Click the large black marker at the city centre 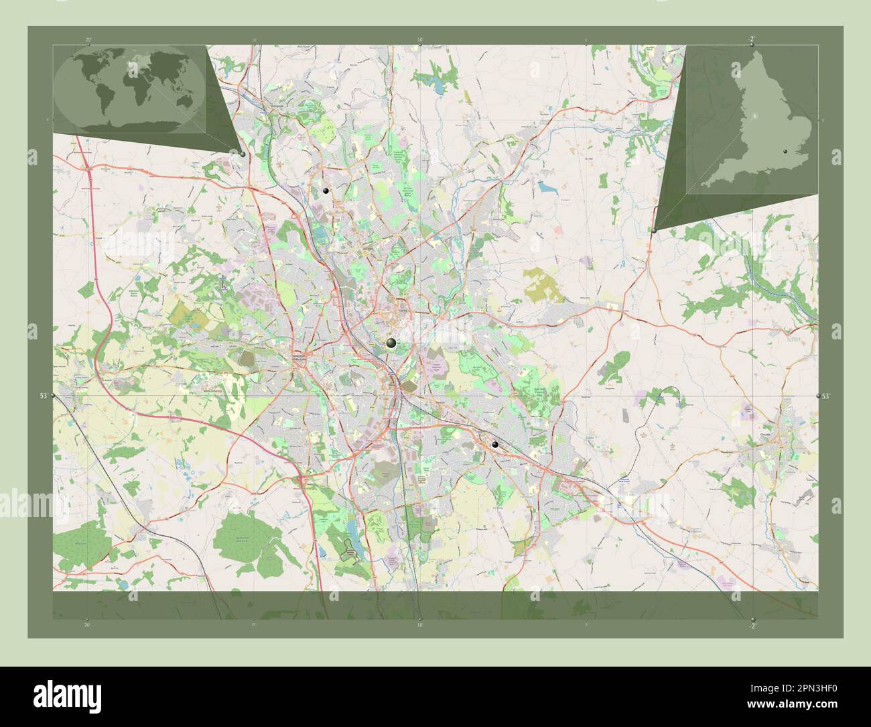391,344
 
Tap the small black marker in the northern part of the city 326,191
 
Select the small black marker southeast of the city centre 495,445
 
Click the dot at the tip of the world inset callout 242,154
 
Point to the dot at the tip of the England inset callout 654,230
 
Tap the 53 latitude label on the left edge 43,396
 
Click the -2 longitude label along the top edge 752,38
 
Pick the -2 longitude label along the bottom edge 752,626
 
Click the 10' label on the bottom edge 420,625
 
